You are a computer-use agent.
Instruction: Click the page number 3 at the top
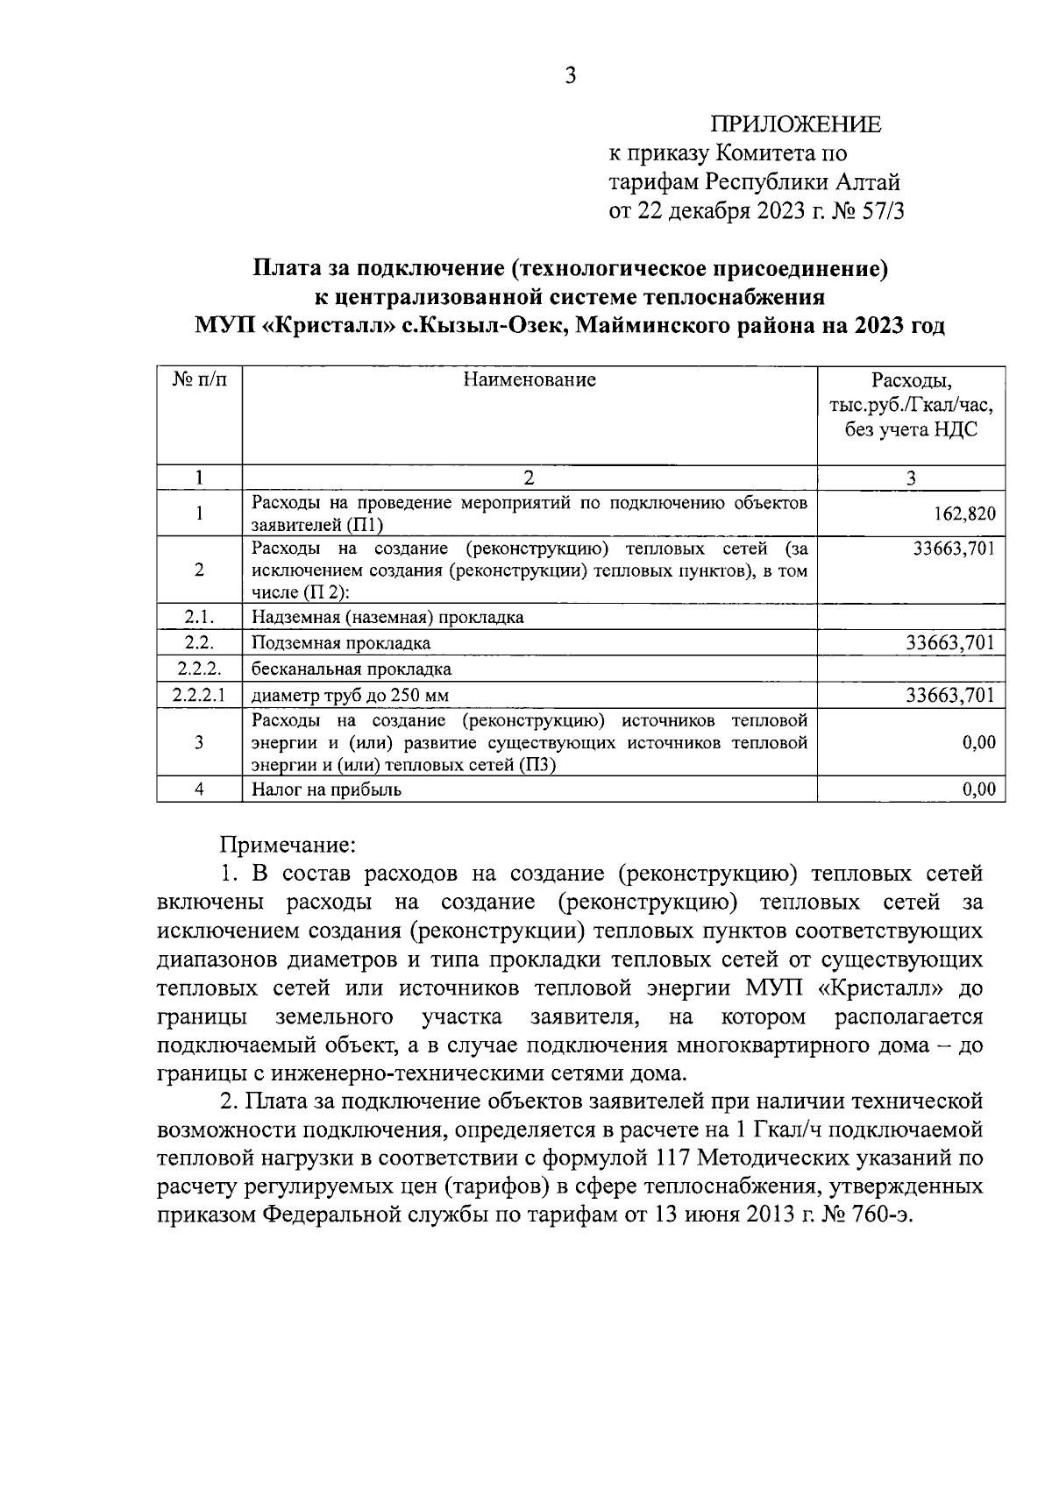(x=570, y=76)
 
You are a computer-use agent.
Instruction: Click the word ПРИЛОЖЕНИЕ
(x=795, y=124)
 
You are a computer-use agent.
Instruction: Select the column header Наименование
(x=530, y=380)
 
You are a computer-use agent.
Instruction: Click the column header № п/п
(x=199, y=380)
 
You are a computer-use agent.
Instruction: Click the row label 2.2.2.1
(x=199, y=696)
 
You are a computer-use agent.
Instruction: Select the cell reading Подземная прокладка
(x=341, y=643)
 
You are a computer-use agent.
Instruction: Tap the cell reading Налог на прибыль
(x=326, y=790)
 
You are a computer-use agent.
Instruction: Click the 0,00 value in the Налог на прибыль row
(x=978, y=790)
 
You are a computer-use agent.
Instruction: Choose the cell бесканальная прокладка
(x=352, y=669)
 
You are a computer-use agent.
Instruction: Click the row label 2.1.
(x=199, y=617)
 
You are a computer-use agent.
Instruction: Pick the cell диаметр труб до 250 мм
(x=356, y=696)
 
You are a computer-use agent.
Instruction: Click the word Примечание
(x=287, y=845)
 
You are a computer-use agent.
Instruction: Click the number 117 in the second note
(x=672, y=1158)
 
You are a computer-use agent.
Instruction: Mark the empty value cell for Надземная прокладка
(x=911, y=617)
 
